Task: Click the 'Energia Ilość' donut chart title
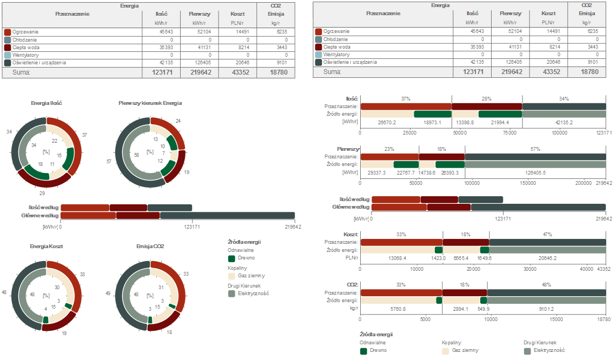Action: [47, 103]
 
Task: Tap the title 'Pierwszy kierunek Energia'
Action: [150, 103]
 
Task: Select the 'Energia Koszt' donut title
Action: [47, 246]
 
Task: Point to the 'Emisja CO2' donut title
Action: [150, 246]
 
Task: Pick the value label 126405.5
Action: [535, 173]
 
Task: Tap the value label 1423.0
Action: [439, 258]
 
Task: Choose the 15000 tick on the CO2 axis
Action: [556, 319]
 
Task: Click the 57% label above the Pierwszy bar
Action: [535, 149]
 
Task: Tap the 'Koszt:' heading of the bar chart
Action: [351, 235]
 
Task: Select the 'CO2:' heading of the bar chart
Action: [352, 284]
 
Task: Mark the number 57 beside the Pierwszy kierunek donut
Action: [109, 161]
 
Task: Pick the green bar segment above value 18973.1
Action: [432, 114]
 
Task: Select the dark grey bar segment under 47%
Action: [547, 242]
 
